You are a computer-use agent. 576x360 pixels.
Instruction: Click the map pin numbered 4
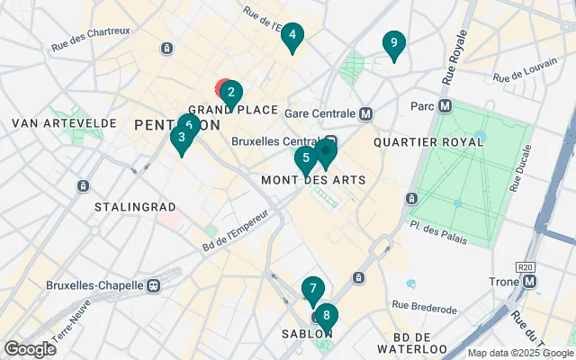pos(292,37)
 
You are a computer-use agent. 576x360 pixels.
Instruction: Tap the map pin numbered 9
pos(393,44)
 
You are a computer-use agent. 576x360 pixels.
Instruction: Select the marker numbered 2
pos(230,93)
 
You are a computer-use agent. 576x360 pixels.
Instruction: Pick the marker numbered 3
pos(182,139)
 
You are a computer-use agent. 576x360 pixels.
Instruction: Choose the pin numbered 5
pos(306,158)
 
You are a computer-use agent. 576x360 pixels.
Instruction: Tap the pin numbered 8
pos(326,317)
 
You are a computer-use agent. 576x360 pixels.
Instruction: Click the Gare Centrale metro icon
pos(365,114)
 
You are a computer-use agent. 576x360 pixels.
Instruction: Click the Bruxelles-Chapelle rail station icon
pos(153,285)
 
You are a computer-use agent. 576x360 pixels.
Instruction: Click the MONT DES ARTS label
pos(312,180)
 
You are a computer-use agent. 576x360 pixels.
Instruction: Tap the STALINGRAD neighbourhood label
pos(135,207)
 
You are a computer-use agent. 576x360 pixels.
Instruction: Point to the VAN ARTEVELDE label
pos(51,122)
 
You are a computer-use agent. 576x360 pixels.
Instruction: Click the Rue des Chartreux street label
pos(91,32)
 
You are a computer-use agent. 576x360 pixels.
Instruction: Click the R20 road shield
pos(526,267)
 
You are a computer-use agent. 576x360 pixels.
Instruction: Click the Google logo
pos(31,348)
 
